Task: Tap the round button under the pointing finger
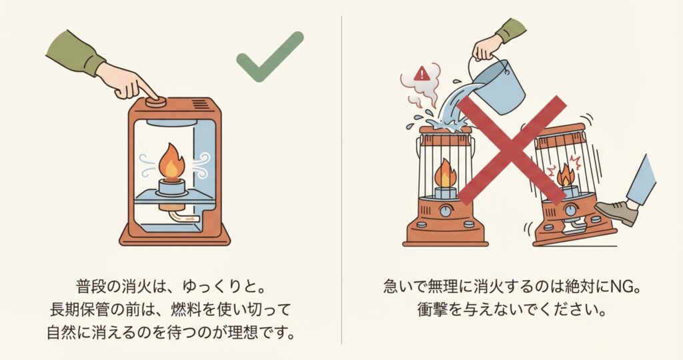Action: pyautogui.click(x=157, y=102)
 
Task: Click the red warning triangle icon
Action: pyautogui.click(x=422, y=74)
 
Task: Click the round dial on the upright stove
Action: pyautogui.click(x=445, y=211)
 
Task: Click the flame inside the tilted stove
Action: pyautogui.click(x=565, y=175)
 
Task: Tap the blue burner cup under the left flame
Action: pyautogui.click(x=173, y=186)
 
